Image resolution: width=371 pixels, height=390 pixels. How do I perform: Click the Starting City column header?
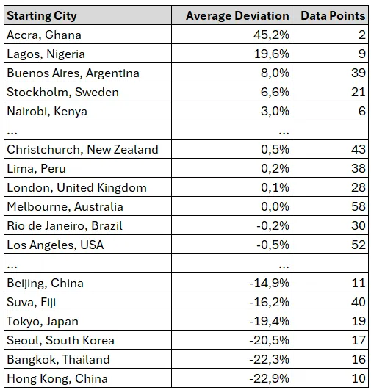click(42, 16)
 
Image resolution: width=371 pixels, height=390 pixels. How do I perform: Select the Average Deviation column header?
click(237, 16)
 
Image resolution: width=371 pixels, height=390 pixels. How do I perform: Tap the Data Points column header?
click(333, 16)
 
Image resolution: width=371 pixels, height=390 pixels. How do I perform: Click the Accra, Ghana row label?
click(44, 35)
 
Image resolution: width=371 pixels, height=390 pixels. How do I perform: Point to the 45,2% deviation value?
click(272, 35)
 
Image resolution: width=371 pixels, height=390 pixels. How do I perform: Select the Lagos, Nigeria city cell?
click(46, 54)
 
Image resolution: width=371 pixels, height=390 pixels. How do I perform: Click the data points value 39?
click(359, 73)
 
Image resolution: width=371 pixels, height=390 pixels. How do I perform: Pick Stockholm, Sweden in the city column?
click(62, 93)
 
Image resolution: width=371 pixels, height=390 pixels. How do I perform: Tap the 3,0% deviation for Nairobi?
click(275, 111)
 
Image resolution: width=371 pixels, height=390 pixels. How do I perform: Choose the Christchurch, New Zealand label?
click(82, 150)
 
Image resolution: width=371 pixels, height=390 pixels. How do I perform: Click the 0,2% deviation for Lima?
click(275, 169)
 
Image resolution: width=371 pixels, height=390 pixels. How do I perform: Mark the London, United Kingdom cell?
click(77, 188)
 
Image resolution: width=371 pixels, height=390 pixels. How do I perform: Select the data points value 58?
click(359, 206)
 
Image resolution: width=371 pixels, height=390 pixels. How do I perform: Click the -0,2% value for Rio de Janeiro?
click(273, 225)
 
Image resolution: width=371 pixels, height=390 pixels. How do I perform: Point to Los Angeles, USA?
click(55, 245)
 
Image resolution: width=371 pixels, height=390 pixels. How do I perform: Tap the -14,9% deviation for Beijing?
click(270, 284)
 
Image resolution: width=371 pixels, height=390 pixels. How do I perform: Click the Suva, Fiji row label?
click(32, 303)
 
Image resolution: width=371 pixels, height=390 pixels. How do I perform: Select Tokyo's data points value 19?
click(359, 322)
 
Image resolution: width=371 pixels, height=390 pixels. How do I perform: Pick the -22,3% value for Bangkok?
click(270, 360)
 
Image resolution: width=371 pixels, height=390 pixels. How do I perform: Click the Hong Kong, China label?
click(57, 379)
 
